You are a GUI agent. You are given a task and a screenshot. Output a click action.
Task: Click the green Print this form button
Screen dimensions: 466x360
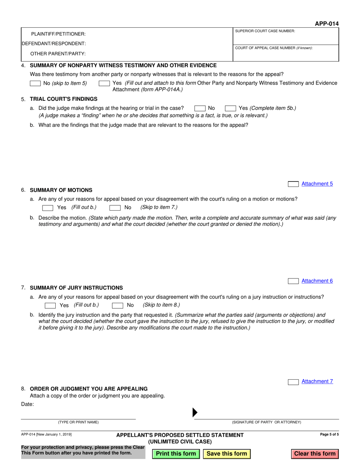tap(176, 453)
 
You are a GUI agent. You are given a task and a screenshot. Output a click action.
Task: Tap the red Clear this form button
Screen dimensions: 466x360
tap(315, 453)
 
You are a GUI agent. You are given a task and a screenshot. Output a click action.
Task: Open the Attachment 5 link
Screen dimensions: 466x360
tap(317, 184)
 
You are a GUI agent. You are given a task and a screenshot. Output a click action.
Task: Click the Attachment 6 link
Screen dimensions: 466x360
tap(317, 281)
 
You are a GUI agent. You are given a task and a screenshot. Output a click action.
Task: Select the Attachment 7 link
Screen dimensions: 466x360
tap(317, 382)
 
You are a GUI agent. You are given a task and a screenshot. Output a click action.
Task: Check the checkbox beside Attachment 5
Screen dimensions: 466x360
tap(293, 184)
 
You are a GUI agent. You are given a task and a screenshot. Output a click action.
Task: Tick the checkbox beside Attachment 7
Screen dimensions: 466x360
tap(293, 382)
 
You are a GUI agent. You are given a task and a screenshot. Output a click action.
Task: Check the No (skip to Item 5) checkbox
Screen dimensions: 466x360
tap(35, 83)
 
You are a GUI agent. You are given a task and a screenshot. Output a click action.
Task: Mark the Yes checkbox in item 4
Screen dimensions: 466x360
tap(104, 83)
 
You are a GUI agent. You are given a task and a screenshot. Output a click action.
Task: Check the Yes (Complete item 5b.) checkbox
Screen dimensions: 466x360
tap(230, 108)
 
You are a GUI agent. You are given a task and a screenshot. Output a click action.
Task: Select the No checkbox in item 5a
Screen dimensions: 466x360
tap(200, 108)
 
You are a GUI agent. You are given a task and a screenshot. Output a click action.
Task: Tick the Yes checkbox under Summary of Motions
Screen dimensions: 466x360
tap(48, 208)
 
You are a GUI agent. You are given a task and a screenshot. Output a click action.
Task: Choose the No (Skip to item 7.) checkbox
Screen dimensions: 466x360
tap(115, 208)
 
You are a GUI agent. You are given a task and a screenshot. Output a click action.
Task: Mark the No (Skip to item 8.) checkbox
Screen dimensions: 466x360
tap(117, 305)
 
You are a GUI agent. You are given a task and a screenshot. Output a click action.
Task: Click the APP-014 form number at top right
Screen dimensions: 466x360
tap(327, 24)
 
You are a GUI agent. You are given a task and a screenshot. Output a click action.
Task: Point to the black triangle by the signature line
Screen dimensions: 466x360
tap(195, 412)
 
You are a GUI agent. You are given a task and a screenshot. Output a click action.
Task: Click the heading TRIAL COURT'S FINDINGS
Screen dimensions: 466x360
tap(64, 99)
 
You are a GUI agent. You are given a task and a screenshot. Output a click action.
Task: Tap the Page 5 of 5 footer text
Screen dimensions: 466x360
tap(329, 435)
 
